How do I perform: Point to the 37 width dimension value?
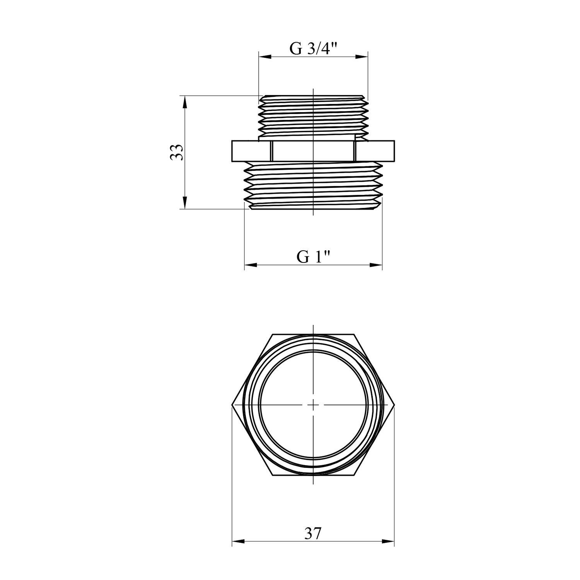pos(313,534)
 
